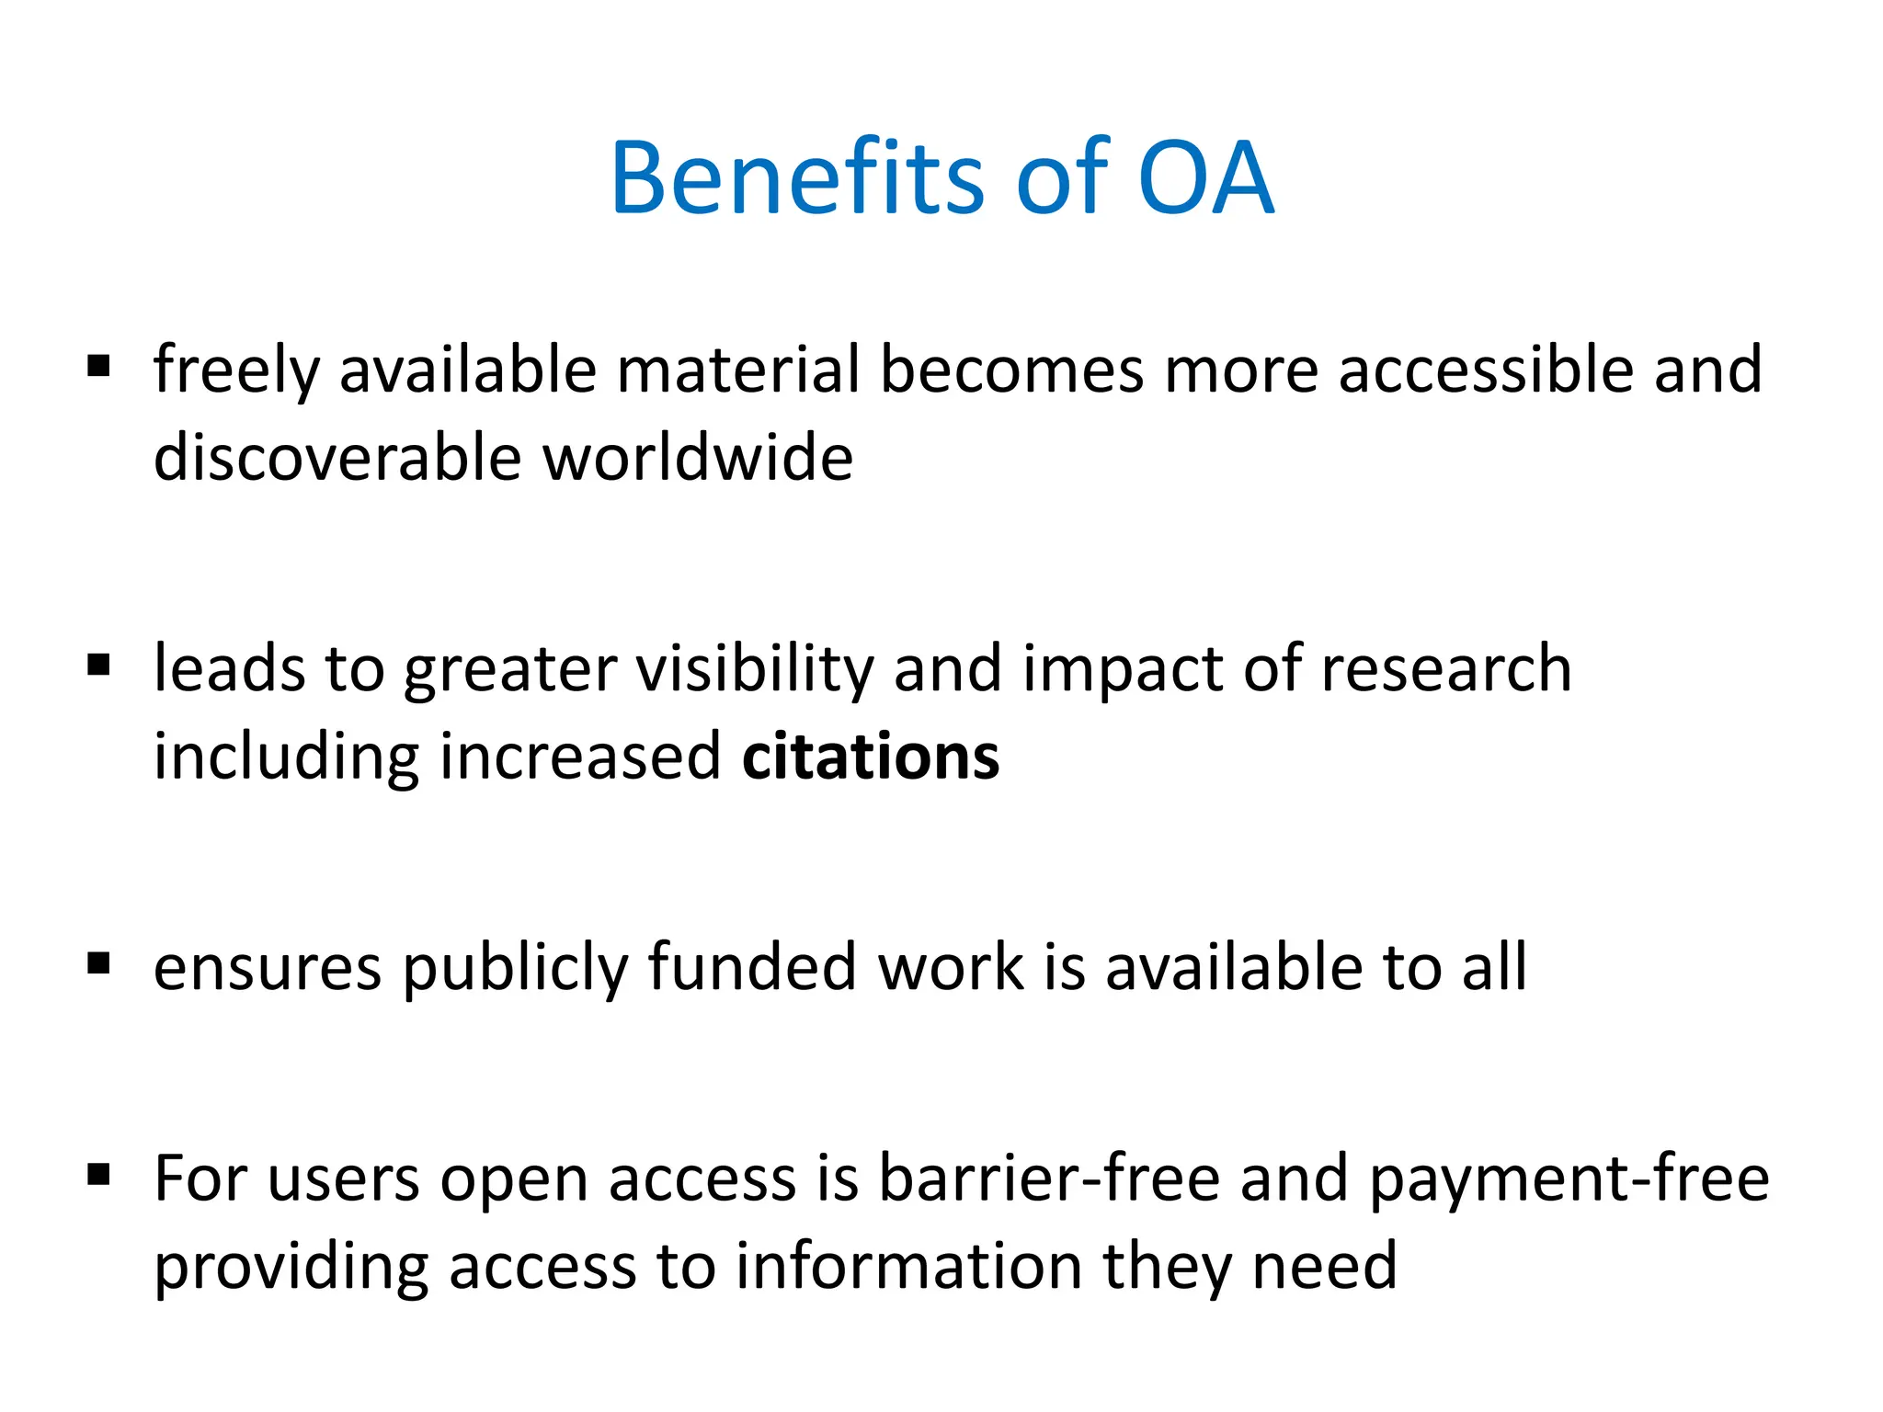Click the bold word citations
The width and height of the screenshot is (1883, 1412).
click(x=870, y=757)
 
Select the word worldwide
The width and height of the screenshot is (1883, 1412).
click(x=698, y=457)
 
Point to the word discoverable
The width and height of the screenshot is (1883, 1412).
click(x=337, y=457)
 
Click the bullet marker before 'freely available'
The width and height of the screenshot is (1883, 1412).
click(x=99, y=367)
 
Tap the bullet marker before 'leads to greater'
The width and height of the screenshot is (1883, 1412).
click(x=99, y=665)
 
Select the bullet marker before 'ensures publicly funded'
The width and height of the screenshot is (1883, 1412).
click(x=99, y=964)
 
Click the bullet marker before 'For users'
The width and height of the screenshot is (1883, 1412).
click(x=99, y=1174)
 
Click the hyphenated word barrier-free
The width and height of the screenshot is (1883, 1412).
click(x=1048, y=1178)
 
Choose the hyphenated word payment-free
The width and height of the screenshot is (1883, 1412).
click(x=1569, y=1179)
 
